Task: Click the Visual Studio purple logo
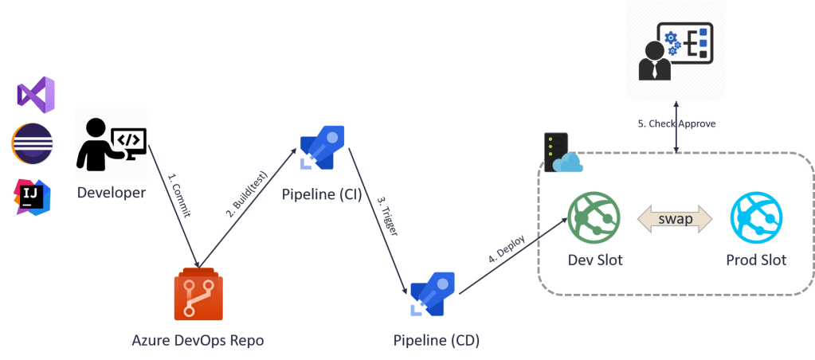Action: (36, 95)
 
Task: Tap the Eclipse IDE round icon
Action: (33, 144)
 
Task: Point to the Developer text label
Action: (112, 193)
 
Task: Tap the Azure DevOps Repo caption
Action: (198, 341)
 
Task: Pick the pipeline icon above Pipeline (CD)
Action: (433, 294)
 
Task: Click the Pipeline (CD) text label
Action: (437, 341)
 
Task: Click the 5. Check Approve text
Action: (676, 124)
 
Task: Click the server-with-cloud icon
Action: (561, 152)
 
